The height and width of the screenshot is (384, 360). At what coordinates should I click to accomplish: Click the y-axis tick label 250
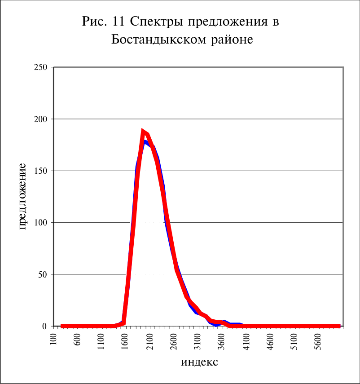click(x=40, y=67)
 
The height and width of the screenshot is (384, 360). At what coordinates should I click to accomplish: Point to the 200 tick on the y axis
click(x=40, y=119)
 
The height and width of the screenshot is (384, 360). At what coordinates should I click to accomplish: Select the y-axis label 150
click(x=40, y=171)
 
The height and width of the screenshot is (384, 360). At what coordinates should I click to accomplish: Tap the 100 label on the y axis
click(x=40, y=223)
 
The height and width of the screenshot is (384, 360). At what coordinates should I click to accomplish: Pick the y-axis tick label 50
click(x=43, y=274)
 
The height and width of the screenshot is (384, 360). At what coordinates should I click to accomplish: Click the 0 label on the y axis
click(x=44, y=326)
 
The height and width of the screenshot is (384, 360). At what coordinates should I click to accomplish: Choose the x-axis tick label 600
click(x=77, y=340)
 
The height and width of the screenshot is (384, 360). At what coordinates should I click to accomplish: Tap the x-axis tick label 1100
click(x=101, y=342)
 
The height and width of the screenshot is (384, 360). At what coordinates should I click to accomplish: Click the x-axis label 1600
click(x=125, y=342)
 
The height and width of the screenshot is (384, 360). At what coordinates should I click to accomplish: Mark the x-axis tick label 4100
click(x=246, y=342)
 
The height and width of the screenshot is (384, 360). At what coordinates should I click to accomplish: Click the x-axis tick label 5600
click(x=318, y=342)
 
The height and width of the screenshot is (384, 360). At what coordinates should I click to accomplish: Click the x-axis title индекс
click(x=199, y=362)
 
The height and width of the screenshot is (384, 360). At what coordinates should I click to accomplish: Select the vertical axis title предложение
click(x=22, y=196)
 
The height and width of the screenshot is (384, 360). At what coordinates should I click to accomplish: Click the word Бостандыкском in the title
click(x=159, y=39)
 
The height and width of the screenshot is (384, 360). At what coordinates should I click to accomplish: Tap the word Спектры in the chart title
click(x=157, y=22)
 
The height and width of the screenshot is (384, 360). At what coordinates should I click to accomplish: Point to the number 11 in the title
click(x=119, y=21)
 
